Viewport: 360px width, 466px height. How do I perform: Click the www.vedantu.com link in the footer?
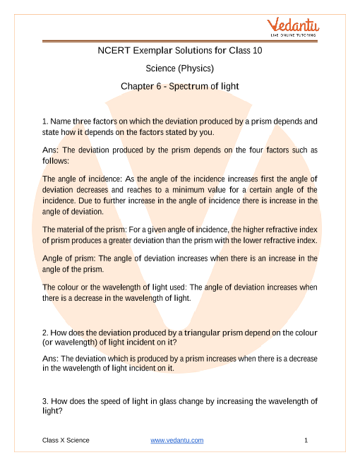pos(177,441)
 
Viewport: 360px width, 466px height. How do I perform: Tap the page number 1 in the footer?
pos(306,441)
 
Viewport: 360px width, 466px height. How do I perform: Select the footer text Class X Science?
pos(66,441)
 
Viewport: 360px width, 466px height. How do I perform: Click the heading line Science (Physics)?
pos(179,68)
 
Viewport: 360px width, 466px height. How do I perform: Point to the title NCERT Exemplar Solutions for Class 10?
pos(179,51)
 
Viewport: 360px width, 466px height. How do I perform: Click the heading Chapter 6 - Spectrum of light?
pos(179,86)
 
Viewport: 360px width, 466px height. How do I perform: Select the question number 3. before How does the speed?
pos(46,401)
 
